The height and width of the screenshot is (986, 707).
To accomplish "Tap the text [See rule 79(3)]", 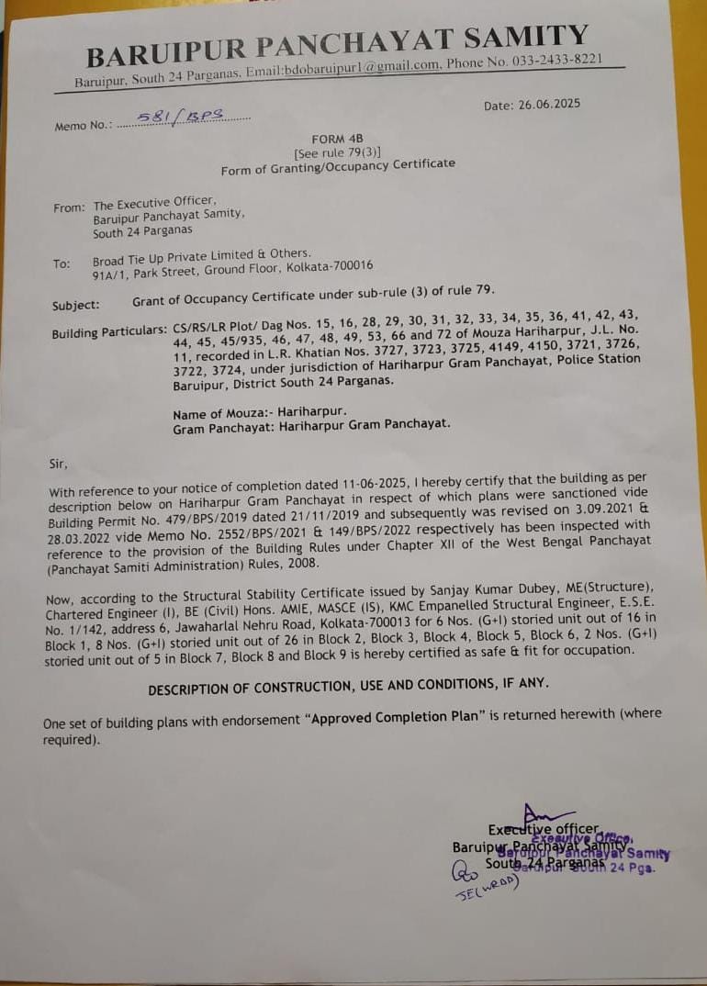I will [x=337, y=151].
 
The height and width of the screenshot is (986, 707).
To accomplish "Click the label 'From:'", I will [x=69, y=207].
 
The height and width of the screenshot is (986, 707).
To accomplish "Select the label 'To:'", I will [x=62, y=264].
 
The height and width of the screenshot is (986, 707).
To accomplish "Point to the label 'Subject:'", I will [x=77, y=303].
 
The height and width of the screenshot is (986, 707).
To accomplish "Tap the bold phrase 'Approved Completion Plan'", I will [x=395, y=716].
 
